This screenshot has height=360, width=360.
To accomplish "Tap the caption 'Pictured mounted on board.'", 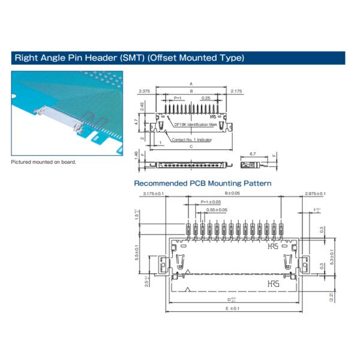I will coord(44,162).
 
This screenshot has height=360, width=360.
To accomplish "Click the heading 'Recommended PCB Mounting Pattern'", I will coord(202,183).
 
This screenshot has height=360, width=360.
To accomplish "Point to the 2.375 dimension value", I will coord(144,91).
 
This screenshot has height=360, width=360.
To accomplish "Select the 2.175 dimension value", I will coord(236,91).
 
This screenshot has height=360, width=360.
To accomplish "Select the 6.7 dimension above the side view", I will coord(252,154).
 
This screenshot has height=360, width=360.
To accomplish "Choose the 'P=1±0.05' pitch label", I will coord(211,202).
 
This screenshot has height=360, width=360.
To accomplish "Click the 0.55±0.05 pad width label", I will coord(217,209).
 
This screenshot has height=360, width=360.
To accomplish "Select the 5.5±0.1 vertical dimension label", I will coord(137,252).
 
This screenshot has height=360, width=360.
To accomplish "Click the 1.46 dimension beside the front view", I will coord(137,155).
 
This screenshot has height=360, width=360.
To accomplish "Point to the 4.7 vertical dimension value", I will coord(137,121).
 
